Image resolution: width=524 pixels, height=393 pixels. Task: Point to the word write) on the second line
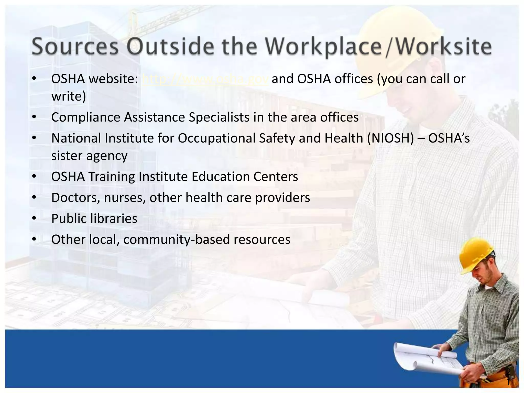tap(69, 96)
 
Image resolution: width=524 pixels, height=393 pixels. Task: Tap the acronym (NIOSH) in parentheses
tap(390, 138)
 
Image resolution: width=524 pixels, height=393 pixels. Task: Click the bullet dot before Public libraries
tap(34, 219)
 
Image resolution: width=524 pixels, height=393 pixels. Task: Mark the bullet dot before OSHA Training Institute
tap(34, 177)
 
